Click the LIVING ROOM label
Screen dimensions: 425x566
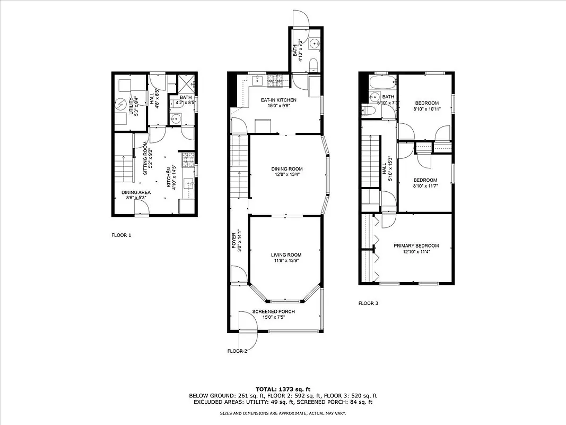[x=286, y=255]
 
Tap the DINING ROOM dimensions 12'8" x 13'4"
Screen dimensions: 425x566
[x=286, y=174]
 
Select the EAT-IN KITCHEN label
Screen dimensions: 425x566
[x=278, y=100]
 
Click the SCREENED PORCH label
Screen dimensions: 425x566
[x=273, y=311]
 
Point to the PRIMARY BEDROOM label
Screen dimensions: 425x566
[x=416, y=245]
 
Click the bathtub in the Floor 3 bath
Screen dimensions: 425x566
[x=381, y=83]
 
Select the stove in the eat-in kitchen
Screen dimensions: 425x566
[x=275, y=81]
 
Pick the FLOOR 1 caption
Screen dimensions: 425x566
[x=121, y=235]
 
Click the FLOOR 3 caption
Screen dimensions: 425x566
[x=368, y=303]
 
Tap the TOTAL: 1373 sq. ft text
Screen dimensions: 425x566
[x=283, y=389]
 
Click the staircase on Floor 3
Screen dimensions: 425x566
[x=371, y=162]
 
